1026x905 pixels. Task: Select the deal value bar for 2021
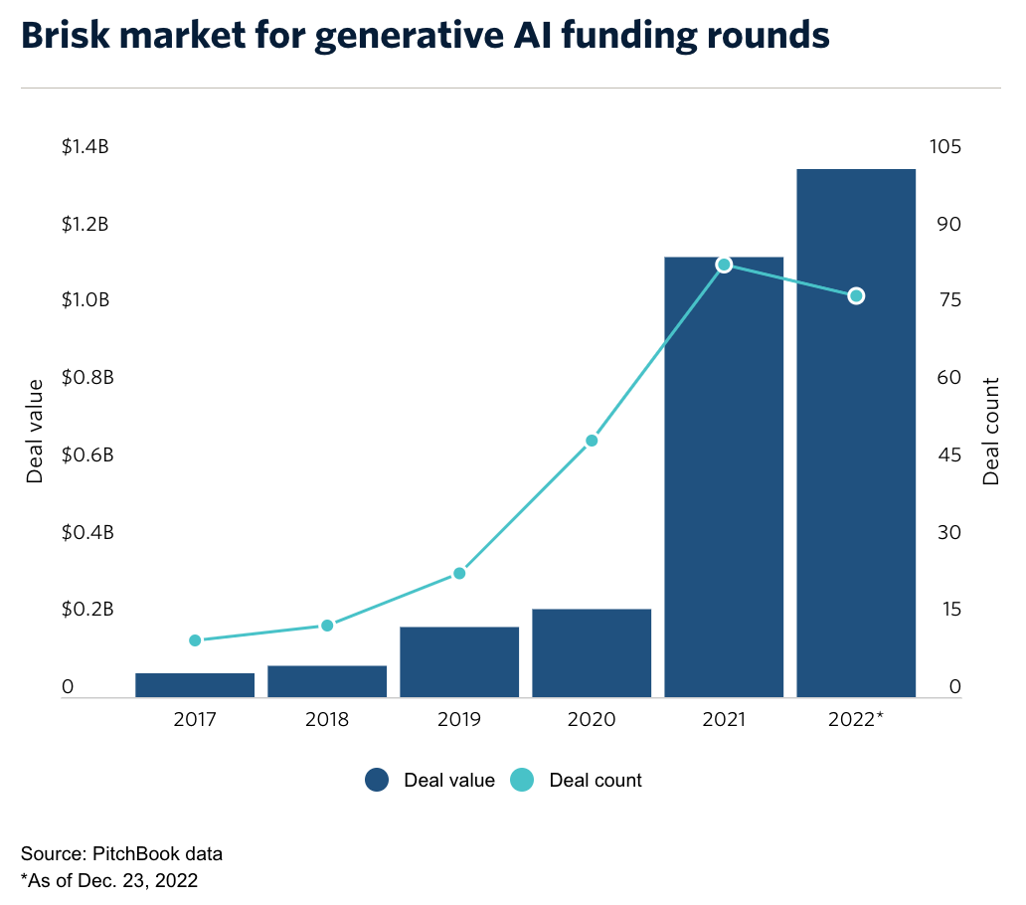point(724,477)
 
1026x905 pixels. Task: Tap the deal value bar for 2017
point(195,685)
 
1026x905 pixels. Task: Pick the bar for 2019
point(459,662)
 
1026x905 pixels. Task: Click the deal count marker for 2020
point(592,441)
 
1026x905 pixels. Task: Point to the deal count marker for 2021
point(724,265)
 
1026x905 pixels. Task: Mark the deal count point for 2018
point(327,626)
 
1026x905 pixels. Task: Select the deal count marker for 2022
point(856,296)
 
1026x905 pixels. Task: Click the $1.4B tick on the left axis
point(85,147)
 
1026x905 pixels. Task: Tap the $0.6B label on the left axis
point(85,455)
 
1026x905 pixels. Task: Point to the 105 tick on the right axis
point(944,147)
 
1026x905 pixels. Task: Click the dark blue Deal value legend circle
point(377,781)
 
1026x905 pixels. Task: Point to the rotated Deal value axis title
point(36,431)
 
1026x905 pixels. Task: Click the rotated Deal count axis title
point(991,431)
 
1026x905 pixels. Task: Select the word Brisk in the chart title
point(63,36)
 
